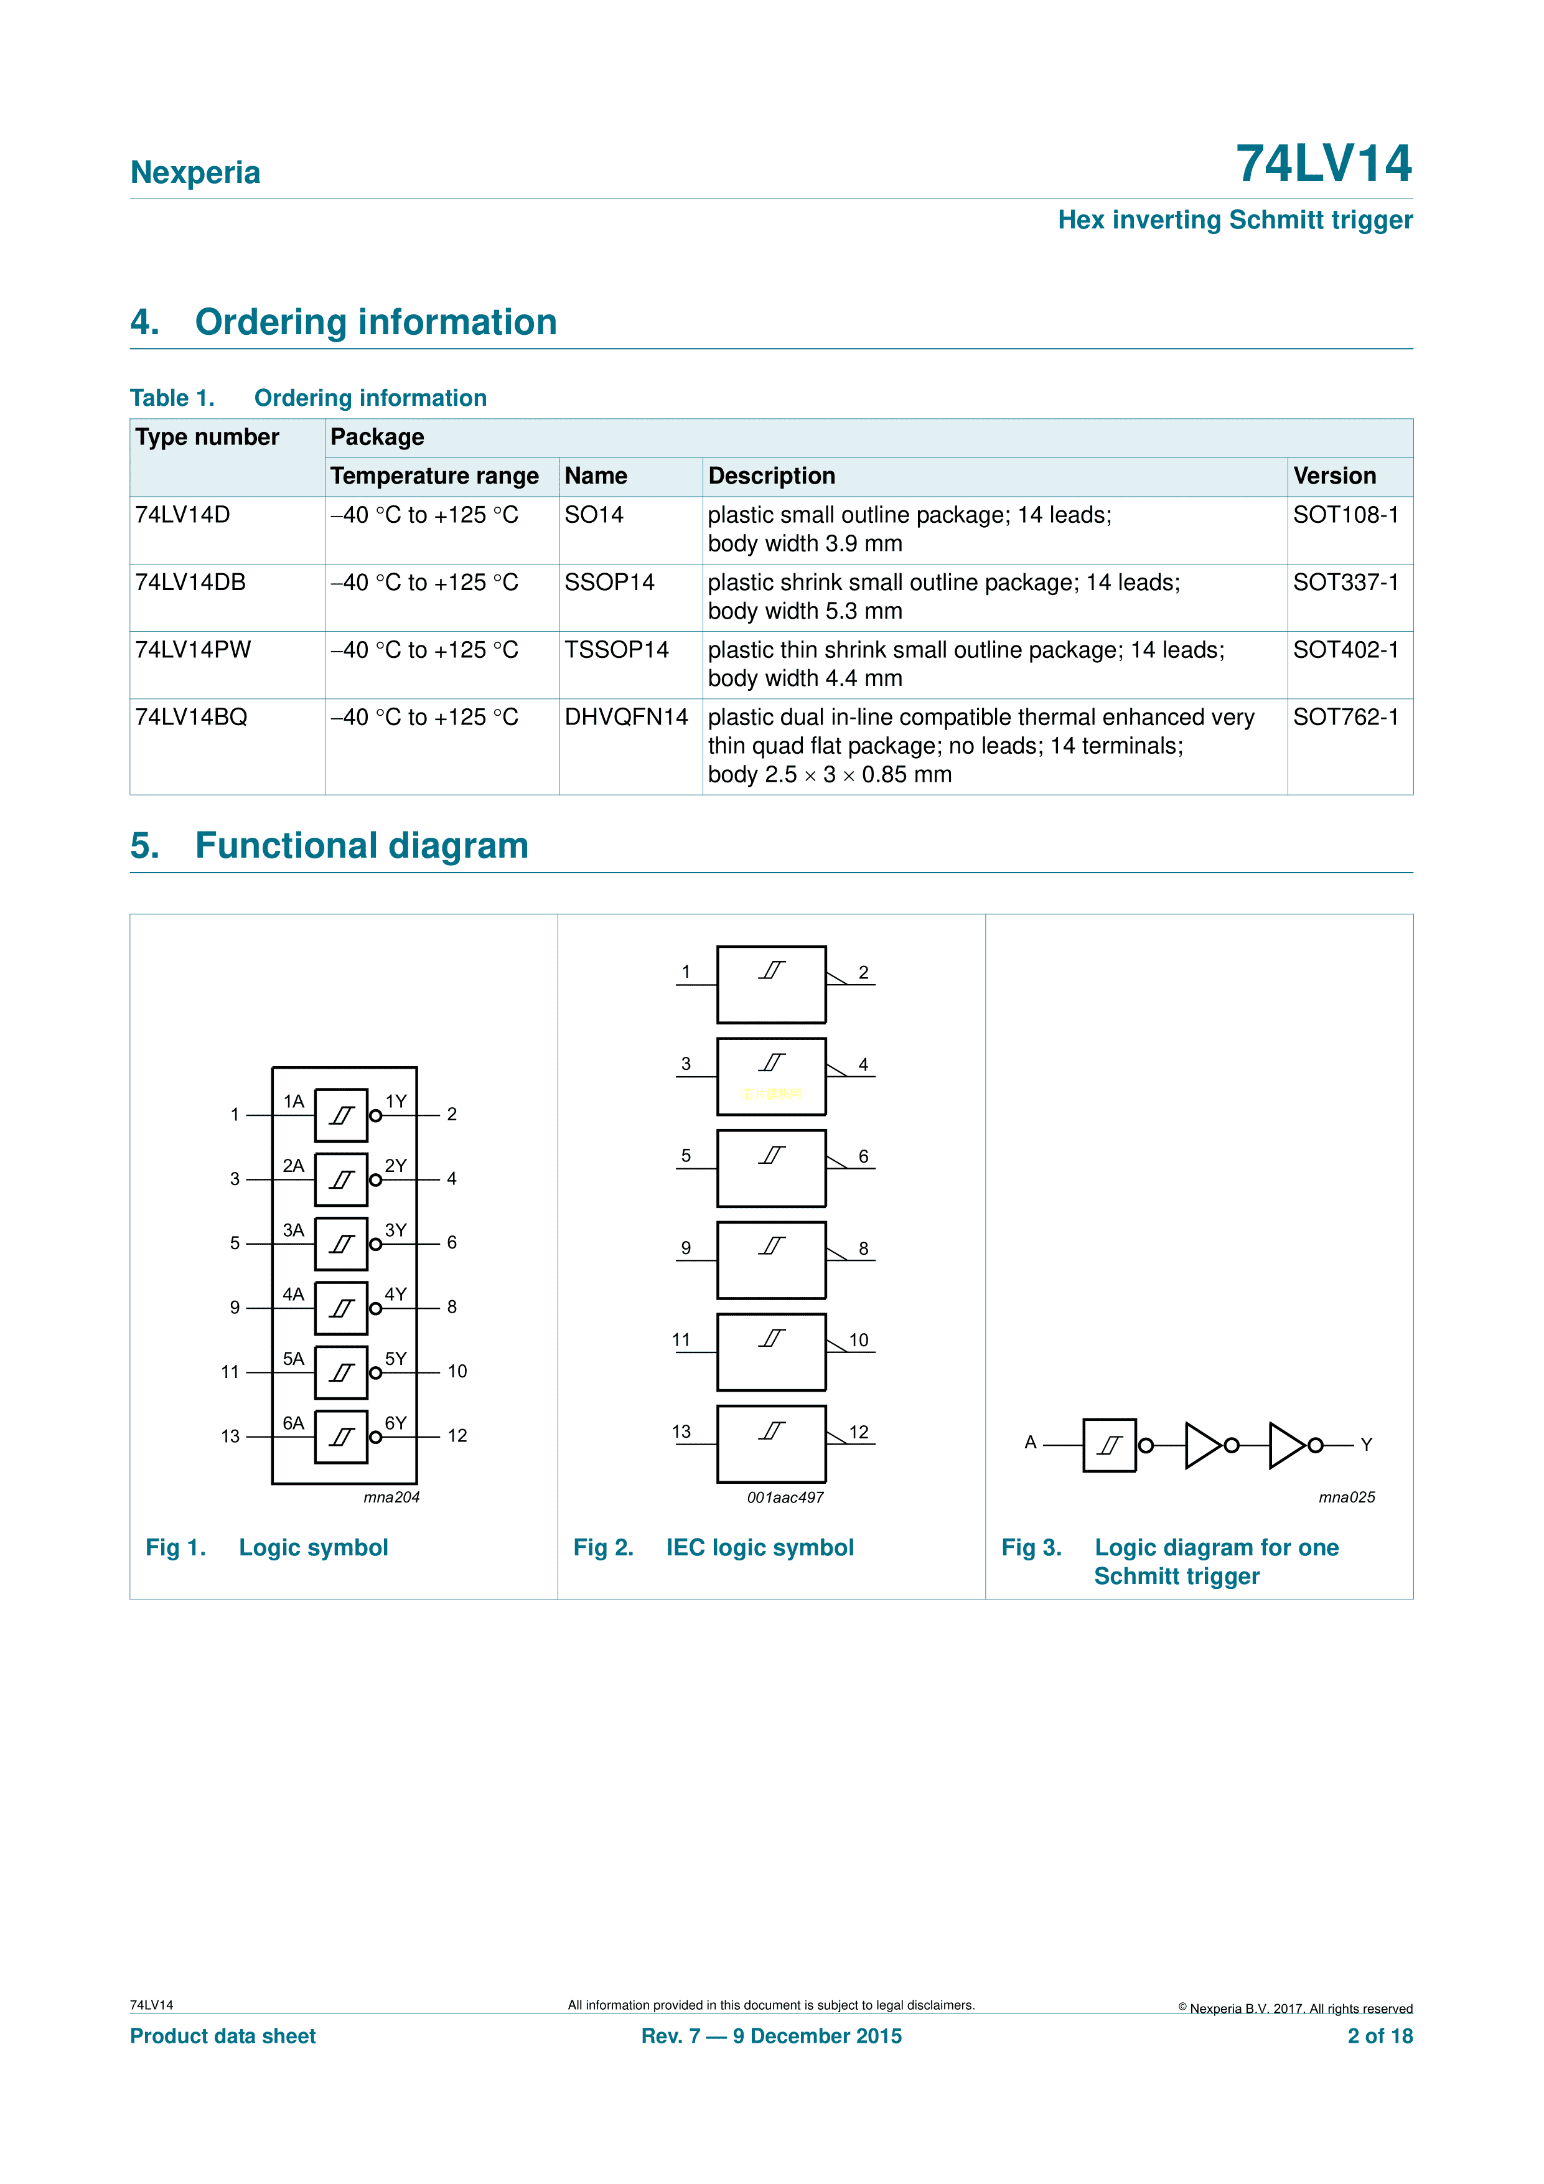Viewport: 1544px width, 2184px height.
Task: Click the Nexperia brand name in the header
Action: pos(195,172)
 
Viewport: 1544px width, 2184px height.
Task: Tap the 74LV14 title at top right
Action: pos(1322,164)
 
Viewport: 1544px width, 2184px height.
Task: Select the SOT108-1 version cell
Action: pos(1345,515)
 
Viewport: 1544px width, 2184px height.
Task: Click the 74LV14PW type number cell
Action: pos(193,650)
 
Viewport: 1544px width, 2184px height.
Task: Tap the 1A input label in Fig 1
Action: pos(293,1102)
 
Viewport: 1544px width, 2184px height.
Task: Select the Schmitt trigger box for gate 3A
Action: pos(340,1244)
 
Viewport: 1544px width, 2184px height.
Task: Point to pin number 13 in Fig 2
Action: pos(681,1432)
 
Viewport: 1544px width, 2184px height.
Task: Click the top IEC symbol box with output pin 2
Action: pos(772,985)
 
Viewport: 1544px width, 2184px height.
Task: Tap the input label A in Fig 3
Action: pos(1031,1442)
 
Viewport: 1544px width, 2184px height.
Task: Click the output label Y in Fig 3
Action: pos(1366,1444)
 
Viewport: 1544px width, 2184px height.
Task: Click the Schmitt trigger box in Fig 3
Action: pos(1109,1445)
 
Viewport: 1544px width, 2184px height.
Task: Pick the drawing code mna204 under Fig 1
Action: pos(391,1497)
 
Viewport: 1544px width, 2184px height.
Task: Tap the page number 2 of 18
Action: pos(1380,2036)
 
